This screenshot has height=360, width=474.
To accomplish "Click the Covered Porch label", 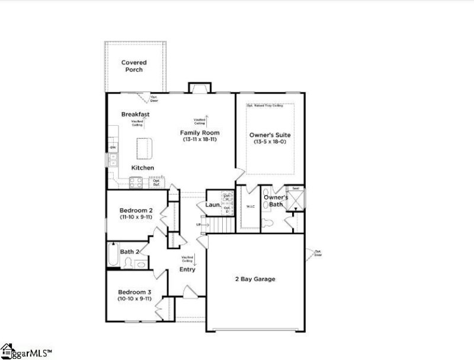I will [x=134, y=66].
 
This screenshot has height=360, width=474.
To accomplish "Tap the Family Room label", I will [x=200, y=132].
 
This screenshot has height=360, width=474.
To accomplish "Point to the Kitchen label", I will [x=143, y=168].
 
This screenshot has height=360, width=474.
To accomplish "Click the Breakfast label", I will [x=135, y=114].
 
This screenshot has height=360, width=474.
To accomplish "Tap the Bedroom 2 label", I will [x=136, y=211].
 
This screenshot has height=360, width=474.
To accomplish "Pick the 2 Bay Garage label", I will [x=255, y=279].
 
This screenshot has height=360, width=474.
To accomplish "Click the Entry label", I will [x=187, y=270].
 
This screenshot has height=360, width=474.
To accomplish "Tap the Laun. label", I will [x=213, y=205].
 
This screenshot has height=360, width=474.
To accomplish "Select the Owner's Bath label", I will [x=276, y=200].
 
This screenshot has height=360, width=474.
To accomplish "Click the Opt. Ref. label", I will [x=156, y=183].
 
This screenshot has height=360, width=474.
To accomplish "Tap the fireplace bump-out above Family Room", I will [x=200, y=87].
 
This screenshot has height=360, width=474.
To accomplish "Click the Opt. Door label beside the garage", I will [x=318, y=253].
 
